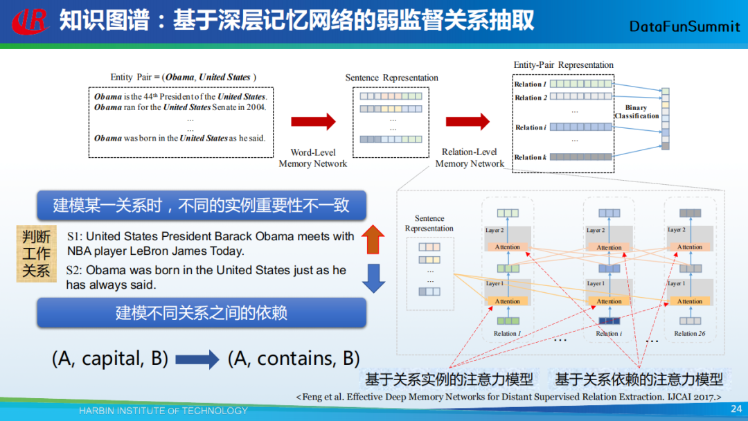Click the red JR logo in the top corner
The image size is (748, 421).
(x=29, y=21)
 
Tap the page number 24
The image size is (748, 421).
(x=736, y=409)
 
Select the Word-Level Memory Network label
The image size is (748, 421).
(x=312, y=158)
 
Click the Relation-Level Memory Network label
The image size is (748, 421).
(x=470, y=158)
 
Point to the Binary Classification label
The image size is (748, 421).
(x=636, y=112)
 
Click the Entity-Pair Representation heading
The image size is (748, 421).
(x=563, y=65)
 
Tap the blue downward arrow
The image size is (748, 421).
(x=373, y=277)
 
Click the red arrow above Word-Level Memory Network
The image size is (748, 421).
(x=313, y=122)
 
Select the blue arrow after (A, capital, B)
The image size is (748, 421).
(x=197, y=359)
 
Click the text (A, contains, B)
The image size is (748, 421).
(x=294, y=359)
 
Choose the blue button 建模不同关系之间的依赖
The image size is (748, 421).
(x=201, y=313)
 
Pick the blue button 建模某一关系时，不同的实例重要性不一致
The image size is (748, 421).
(x=201, y=205)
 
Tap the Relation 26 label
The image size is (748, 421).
(x=689, y=334)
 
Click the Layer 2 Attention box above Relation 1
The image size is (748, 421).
(x=507, y=247)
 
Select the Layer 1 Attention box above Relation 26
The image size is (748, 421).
(x=689, y=301)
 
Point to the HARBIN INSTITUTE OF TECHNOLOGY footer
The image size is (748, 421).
(x=163, y=411)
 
